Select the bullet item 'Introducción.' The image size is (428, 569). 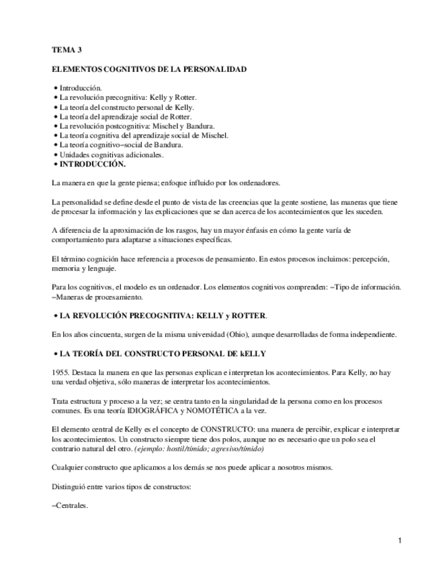click(x=80, y=88)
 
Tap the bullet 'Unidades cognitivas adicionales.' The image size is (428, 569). click(x=111, y=154)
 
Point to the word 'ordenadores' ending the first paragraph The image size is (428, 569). click(x=259, y=183)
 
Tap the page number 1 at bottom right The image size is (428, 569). click(x=399, y=541)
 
